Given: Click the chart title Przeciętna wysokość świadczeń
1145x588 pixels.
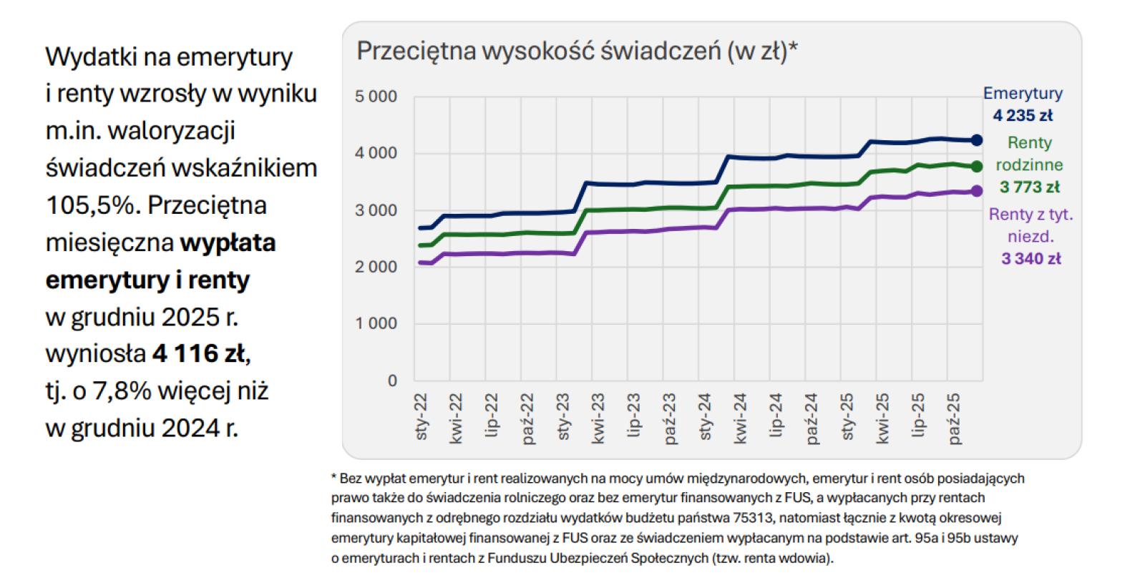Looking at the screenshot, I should [577, 52].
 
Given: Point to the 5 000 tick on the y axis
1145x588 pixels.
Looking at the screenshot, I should [376, 97].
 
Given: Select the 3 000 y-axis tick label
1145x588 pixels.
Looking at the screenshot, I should [376, 210].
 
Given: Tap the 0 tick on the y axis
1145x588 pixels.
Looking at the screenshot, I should [392, 381].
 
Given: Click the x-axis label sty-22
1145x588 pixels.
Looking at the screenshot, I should [421, 416].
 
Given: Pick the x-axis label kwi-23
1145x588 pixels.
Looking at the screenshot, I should [598, 418].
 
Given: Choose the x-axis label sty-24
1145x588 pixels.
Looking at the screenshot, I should [705, 416].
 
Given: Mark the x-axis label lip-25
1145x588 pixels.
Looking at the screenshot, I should [918, 415].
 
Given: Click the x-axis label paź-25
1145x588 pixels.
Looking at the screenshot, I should [954, 418].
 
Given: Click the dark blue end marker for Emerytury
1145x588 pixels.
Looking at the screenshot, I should [977, 140].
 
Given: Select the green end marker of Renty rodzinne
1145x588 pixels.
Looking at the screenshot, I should [977, 167].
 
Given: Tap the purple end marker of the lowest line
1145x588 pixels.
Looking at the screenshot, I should [977, 191].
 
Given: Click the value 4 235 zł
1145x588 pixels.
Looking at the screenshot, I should [1023, 115].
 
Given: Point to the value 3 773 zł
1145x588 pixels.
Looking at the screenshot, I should [1030, 187].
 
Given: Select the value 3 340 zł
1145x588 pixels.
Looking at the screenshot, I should [1031, 259].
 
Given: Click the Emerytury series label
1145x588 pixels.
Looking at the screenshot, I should [1023, 93].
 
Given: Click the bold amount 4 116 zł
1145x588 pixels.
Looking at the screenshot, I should [199, 353].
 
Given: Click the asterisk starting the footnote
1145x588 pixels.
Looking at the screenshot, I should [334, 477].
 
